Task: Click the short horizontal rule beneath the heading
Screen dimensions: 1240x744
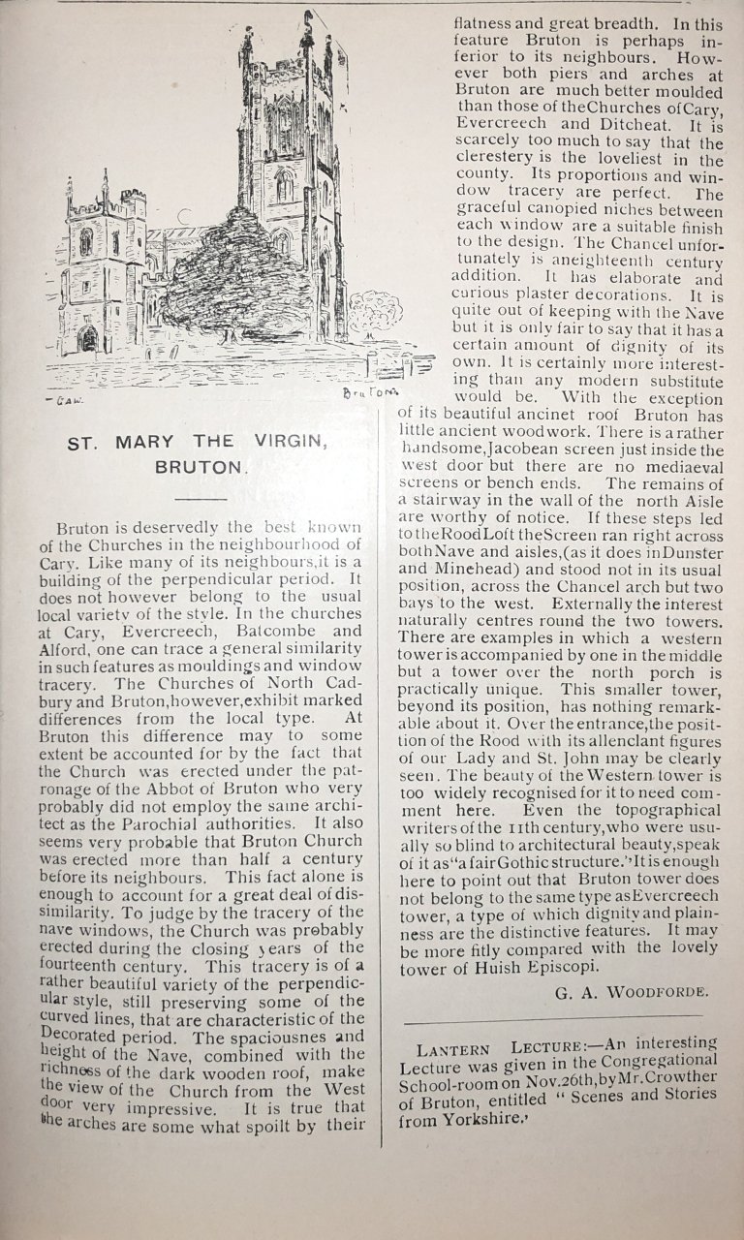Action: [201, 498]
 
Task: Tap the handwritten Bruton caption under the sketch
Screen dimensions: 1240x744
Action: [365, 392]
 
